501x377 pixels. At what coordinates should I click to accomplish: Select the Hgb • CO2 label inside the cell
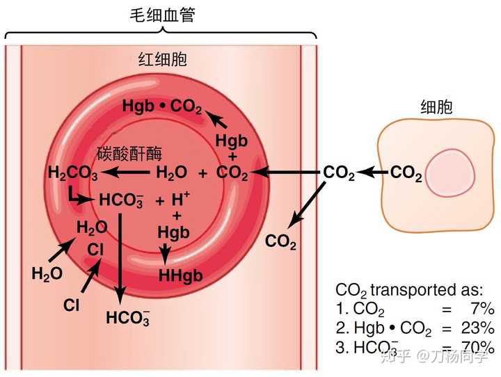[162, 107]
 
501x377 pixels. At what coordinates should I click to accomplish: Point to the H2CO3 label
[72, 173]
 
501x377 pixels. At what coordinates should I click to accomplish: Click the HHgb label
[180, 275]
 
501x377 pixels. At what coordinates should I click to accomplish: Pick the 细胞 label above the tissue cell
[436, 106]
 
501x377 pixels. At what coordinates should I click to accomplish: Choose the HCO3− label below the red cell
[127, 318]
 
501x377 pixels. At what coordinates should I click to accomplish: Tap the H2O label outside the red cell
[47, 274]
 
